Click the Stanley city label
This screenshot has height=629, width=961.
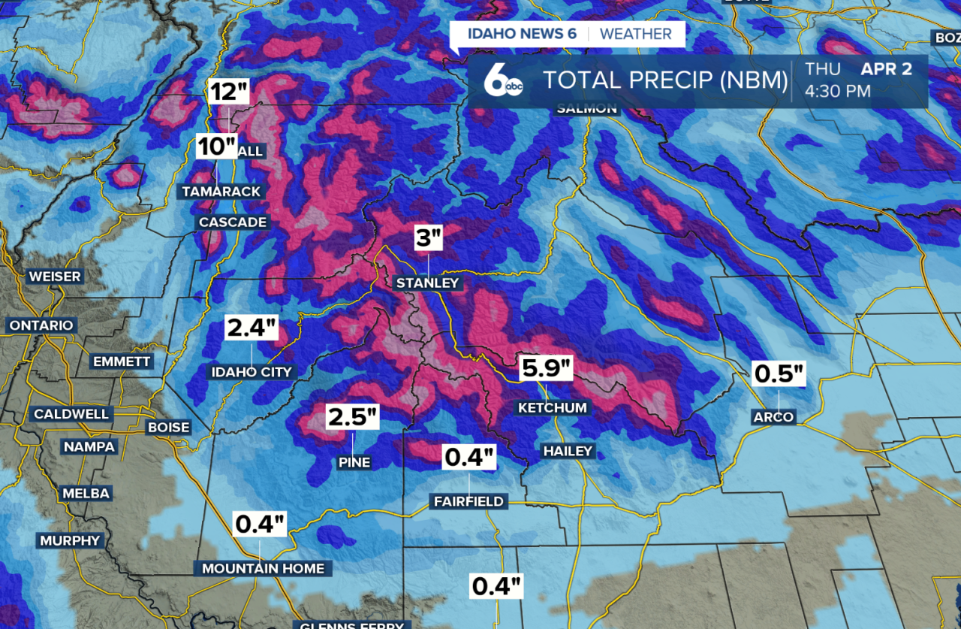pyautogui.click(x=427, y=283)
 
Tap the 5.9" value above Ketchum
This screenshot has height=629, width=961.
pyautogui.click(x=547, y=369)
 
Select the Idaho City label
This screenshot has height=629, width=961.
pyautogui.click(x=251, y=372)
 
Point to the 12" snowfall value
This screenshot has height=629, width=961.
pyautogui.click(x=229, y=92)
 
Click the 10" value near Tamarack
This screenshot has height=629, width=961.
pyautogui.click(x=217, y=146)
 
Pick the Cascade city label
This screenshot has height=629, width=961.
pyautogui.click(x=233, y=222)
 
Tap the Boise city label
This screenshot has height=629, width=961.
pyautogui.click(x=169, y=427)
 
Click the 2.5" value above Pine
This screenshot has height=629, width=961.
pyautogui.click(x=352, y=417)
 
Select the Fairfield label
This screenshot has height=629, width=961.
pyautogui.click(x=468, y=501)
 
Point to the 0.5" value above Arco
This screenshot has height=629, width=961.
pyautogui.click(x=779, y=373)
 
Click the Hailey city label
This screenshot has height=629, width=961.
pyautogui.click(x=568, y=451)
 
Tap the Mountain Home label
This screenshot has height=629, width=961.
pyautogui.click(x=264, y=568)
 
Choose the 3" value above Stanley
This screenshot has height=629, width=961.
pyautogui.click(x=429, y=239)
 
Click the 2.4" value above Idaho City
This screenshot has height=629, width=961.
pyautogui.click(x=252, y=328)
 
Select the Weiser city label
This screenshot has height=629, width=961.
pyautogui.click(x=55, y=277)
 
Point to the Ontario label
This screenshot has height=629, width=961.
pyautogui.click(x=41, y=325)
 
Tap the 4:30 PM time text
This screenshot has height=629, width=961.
pyautogui.click(x=838, y=92)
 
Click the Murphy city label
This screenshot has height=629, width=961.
pyautogui.click(x=70, y=540)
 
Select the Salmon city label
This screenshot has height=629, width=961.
pyautogui.click(x=586, y=109)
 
